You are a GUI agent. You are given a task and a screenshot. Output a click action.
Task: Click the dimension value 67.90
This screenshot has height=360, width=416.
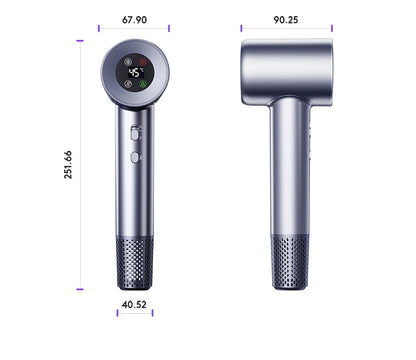(x=134, y=19)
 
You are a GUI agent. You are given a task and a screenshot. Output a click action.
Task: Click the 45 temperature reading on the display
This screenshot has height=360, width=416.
(x=133, y=72)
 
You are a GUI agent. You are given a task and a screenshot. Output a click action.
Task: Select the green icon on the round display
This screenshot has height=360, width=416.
(x=142, y=85)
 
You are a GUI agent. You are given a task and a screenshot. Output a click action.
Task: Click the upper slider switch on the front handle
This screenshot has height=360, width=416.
(x=133, y=131)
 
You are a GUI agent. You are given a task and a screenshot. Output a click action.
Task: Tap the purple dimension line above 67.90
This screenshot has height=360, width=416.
(x=133, y=29)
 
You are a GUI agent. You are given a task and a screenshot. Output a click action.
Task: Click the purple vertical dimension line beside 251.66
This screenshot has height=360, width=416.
(x=79, y=166)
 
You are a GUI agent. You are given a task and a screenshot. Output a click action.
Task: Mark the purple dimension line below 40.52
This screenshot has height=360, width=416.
(x=134, y=312)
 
